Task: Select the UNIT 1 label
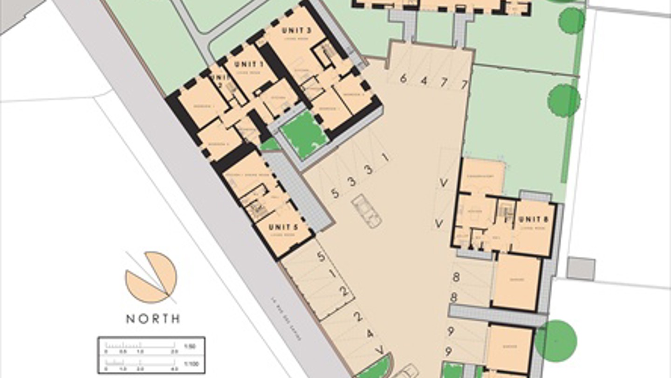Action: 249,64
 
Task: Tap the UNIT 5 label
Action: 283,227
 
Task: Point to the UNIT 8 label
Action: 533,219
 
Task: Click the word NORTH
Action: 153,319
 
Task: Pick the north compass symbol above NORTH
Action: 151,277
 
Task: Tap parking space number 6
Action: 403,78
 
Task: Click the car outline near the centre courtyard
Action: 367,211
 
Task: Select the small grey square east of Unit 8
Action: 581,268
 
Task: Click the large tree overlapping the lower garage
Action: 555,341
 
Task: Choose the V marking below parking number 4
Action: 381,350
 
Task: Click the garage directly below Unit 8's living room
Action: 517,281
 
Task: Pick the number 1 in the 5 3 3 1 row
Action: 385,157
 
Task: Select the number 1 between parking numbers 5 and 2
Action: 332,274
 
